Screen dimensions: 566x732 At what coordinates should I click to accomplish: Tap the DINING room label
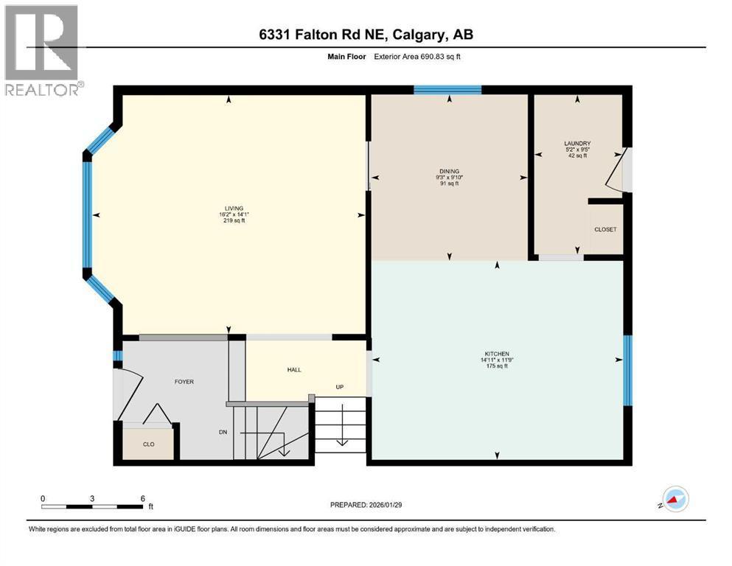click(449, 171)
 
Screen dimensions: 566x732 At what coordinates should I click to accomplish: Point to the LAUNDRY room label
click(577, 144)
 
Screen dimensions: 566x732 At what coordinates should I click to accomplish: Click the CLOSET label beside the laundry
click(605, 229)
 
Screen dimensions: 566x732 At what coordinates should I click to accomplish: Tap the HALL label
click(294, 370)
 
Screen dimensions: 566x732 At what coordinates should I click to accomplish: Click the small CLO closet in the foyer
click(148, 444)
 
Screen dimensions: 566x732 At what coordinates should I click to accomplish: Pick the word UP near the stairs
click(340, 387)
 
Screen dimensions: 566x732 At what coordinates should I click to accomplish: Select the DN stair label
click(223, 433)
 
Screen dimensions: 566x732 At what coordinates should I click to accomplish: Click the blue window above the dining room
click(447, 90)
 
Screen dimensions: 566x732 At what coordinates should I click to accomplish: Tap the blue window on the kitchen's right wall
click(627, 370)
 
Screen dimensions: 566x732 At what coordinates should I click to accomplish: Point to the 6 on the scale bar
click(142, 498)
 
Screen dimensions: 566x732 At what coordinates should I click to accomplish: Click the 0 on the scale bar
click(43, 498)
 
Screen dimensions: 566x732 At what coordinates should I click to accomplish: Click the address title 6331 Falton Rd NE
click(366, 34)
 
